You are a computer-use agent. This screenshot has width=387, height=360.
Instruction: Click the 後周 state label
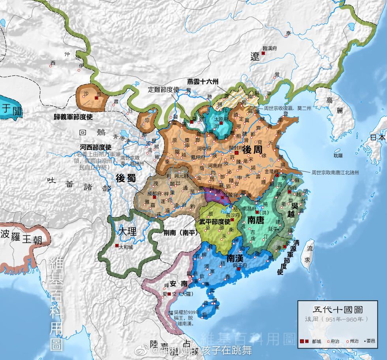tap(253, 150)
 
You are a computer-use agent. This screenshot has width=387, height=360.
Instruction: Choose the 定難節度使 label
tap(164, 89)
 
